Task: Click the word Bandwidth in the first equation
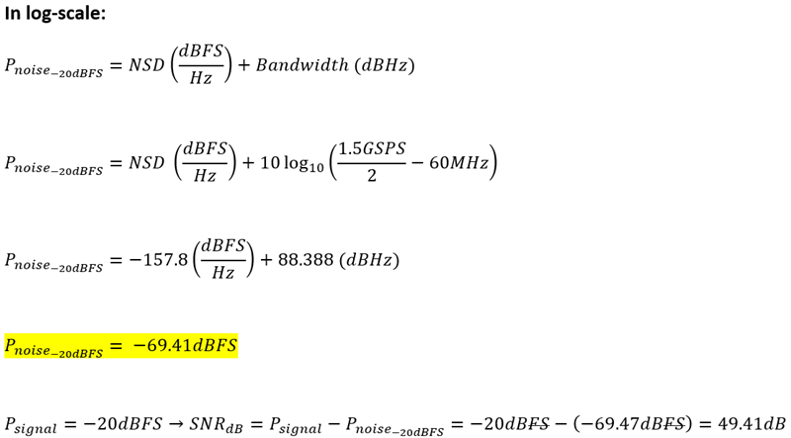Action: (x=301, y=65)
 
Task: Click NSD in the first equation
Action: (x=145, y=65)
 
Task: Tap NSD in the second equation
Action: (x=146, y=162)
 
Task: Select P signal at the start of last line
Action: (x=36, y=424)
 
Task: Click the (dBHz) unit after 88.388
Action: (x=378, y=260)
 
